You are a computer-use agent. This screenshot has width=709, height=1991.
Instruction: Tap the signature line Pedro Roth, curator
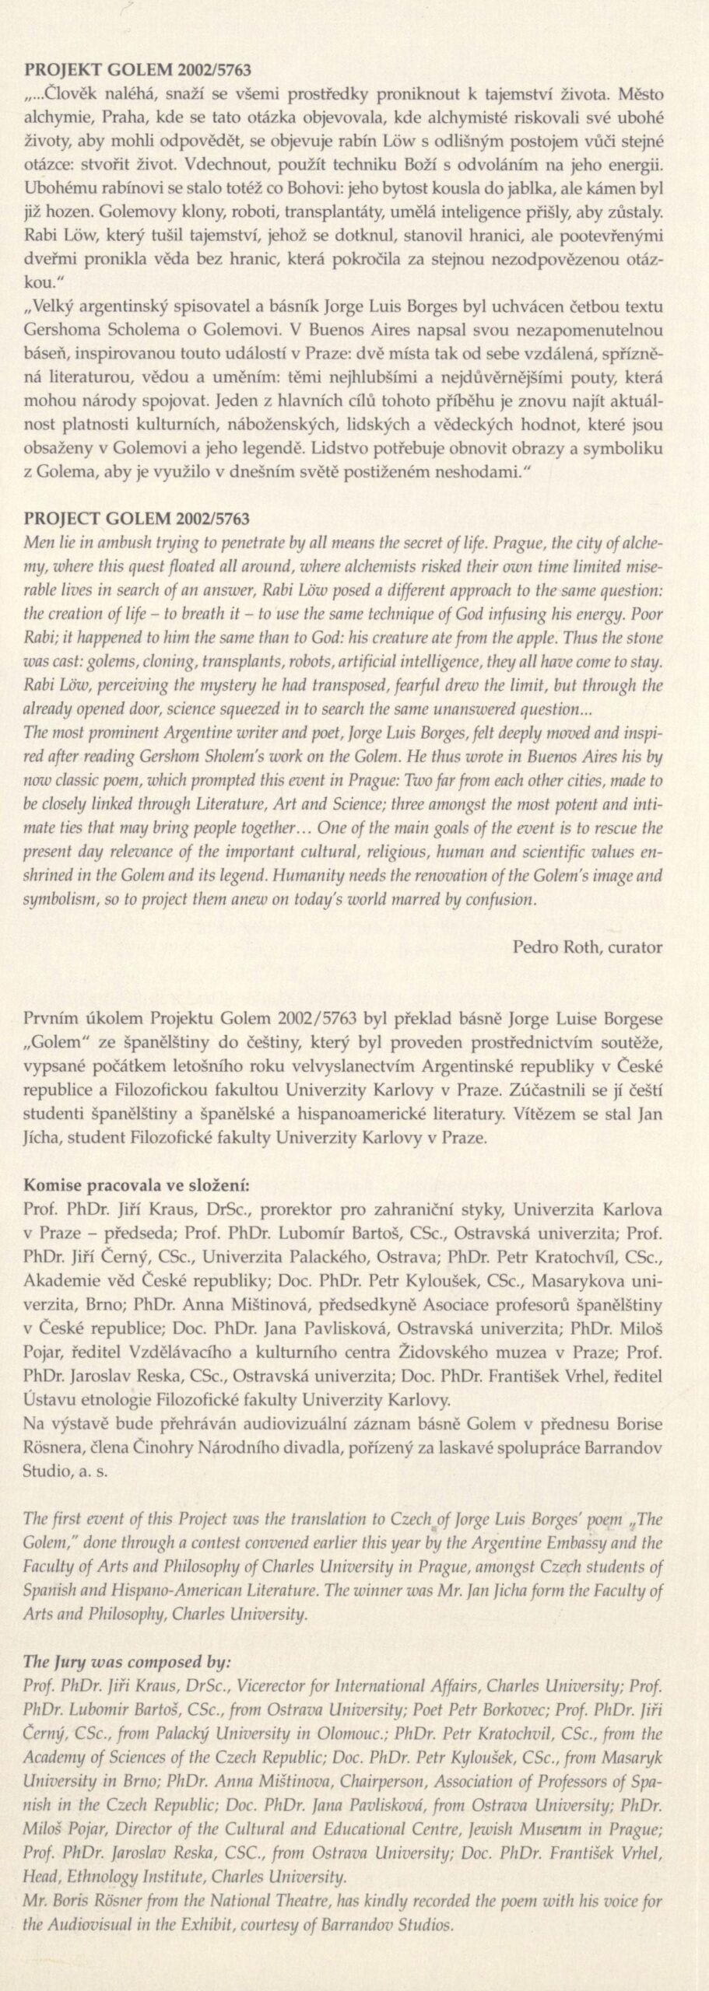(588, 947)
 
